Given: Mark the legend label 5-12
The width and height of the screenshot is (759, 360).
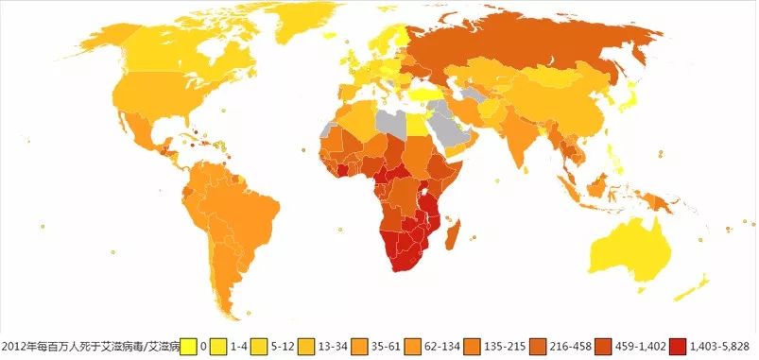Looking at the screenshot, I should tap(271, 346).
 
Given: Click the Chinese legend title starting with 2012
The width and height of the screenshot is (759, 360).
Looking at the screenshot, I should tap(90, 346).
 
